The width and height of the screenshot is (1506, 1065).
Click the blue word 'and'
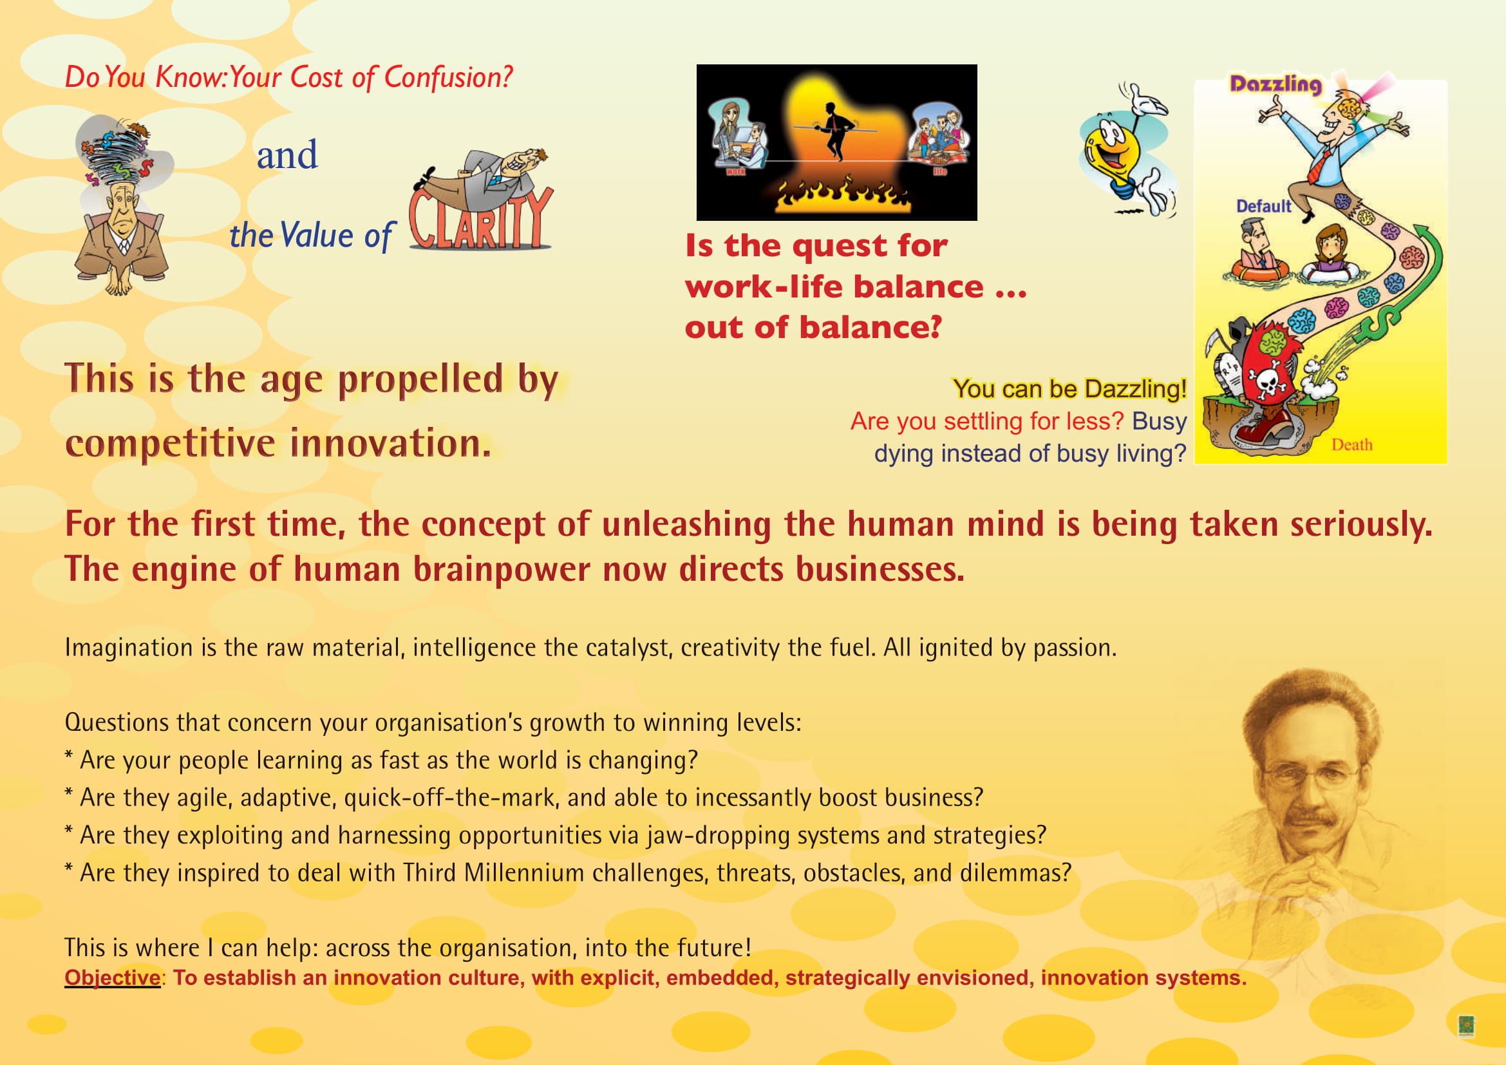pos(287,155)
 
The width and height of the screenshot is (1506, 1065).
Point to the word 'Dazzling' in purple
pos(1275,84)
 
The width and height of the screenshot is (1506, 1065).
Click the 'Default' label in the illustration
pos(1263,206)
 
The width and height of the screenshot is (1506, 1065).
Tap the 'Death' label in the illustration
pos(1352,445)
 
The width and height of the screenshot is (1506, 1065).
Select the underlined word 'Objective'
pos(112,977)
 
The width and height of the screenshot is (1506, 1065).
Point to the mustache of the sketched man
pos(1312,818)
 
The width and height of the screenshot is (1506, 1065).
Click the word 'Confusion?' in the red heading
pos(449,77)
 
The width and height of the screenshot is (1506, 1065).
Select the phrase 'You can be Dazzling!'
pos(1070,389)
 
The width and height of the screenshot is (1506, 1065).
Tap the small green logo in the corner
pos(1466,1026)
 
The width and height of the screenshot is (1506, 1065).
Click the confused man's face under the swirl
pos(123,210)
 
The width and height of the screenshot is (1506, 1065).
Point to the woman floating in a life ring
pos(1329,256)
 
